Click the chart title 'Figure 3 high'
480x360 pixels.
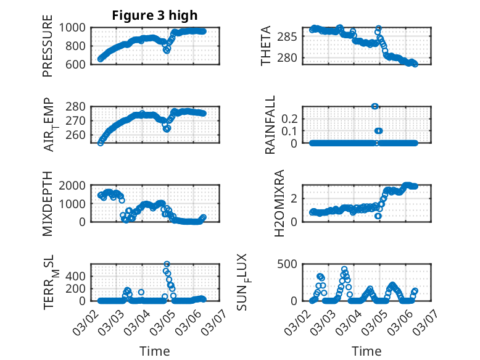click(154, 15)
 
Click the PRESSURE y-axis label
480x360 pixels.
click(48, 46)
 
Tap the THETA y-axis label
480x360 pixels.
click(266, 46)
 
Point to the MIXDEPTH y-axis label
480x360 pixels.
click(48, 203)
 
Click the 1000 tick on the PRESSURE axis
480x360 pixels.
click(76, 28)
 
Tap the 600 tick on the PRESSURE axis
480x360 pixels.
click(79, 64)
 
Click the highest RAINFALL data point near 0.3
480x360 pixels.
click(374, 106)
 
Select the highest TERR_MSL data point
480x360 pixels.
click(166, 264)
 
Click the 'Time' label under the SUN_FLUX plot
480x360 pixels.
click(366, 351)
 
